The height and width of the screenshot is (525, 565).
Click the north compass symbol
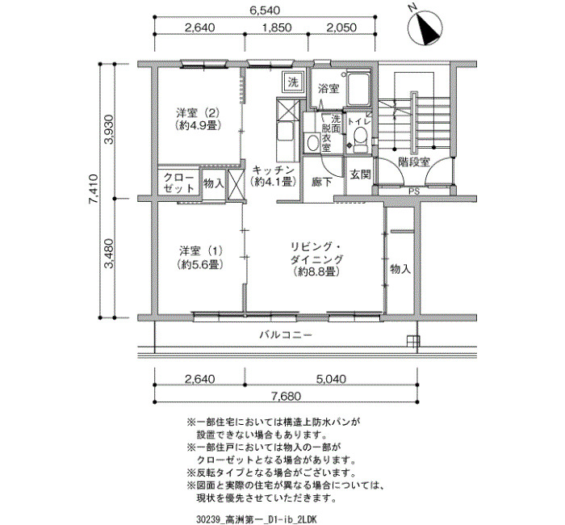click(425, 30)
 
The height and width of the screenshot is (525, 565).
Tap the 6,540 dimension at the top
click(266, 10)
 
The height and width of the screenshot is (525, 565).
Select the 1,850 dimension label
click(277, 27)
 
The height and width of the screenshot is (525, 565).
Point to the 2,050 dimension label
click(341, 27)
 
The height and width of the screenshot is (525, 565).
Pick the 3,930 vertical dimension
click(108, 129)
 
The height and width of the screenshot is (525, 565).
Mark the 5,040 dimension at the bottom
click(331, 379)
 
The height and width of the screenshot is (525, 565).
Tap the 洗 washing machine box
click(293, 82)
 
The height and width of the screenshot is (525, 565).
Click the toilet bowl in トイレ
click(360, 140)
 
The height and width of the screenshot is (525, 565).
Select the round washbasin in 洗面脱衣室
click(312, 142)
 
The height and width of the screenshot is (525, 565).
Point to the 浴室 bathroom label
click(329, 89)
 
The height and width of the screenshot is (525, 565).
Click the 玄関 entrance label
click(360, 175)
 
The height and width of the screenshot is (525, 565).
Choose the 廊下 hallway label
click(322, 183)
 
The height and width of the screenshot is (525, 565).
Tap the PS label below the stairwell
click(414, 192)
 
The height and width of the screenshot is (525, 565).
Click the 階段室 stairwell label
click(414, 162)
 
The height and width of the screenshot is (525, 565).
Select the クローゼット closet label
click(179, 183)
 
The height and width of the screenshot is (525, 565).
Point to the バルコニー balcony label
click(286, 335)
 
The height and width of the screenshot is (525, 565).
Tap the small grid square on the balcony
click(413, 341)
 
